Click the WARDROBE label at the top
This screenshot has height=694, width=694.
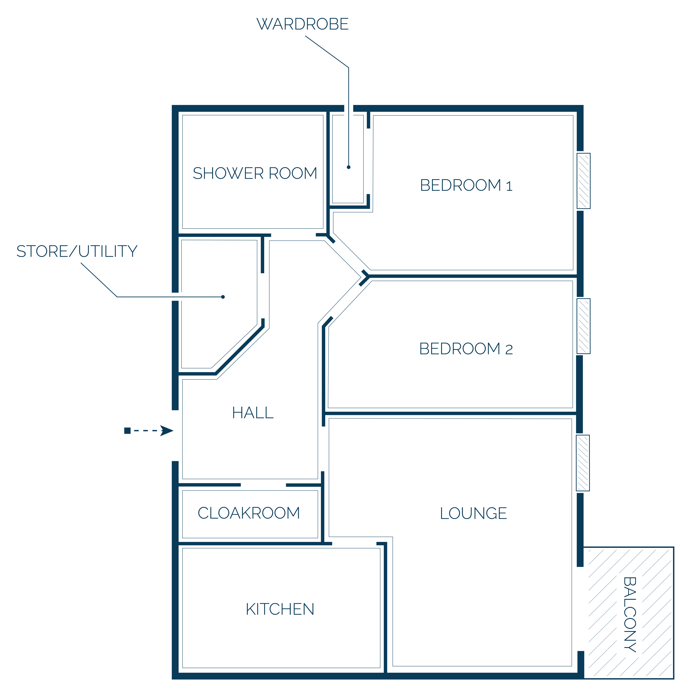[303, 24]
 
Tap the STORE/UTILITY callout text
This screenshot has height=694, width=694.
[77, 251]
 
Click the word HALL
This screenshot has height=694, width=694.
[253, 413]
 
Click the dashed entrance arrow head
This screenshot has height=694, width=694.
[167, 430]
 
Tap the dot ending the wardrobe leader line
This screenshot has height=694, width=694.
[348, 167]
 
